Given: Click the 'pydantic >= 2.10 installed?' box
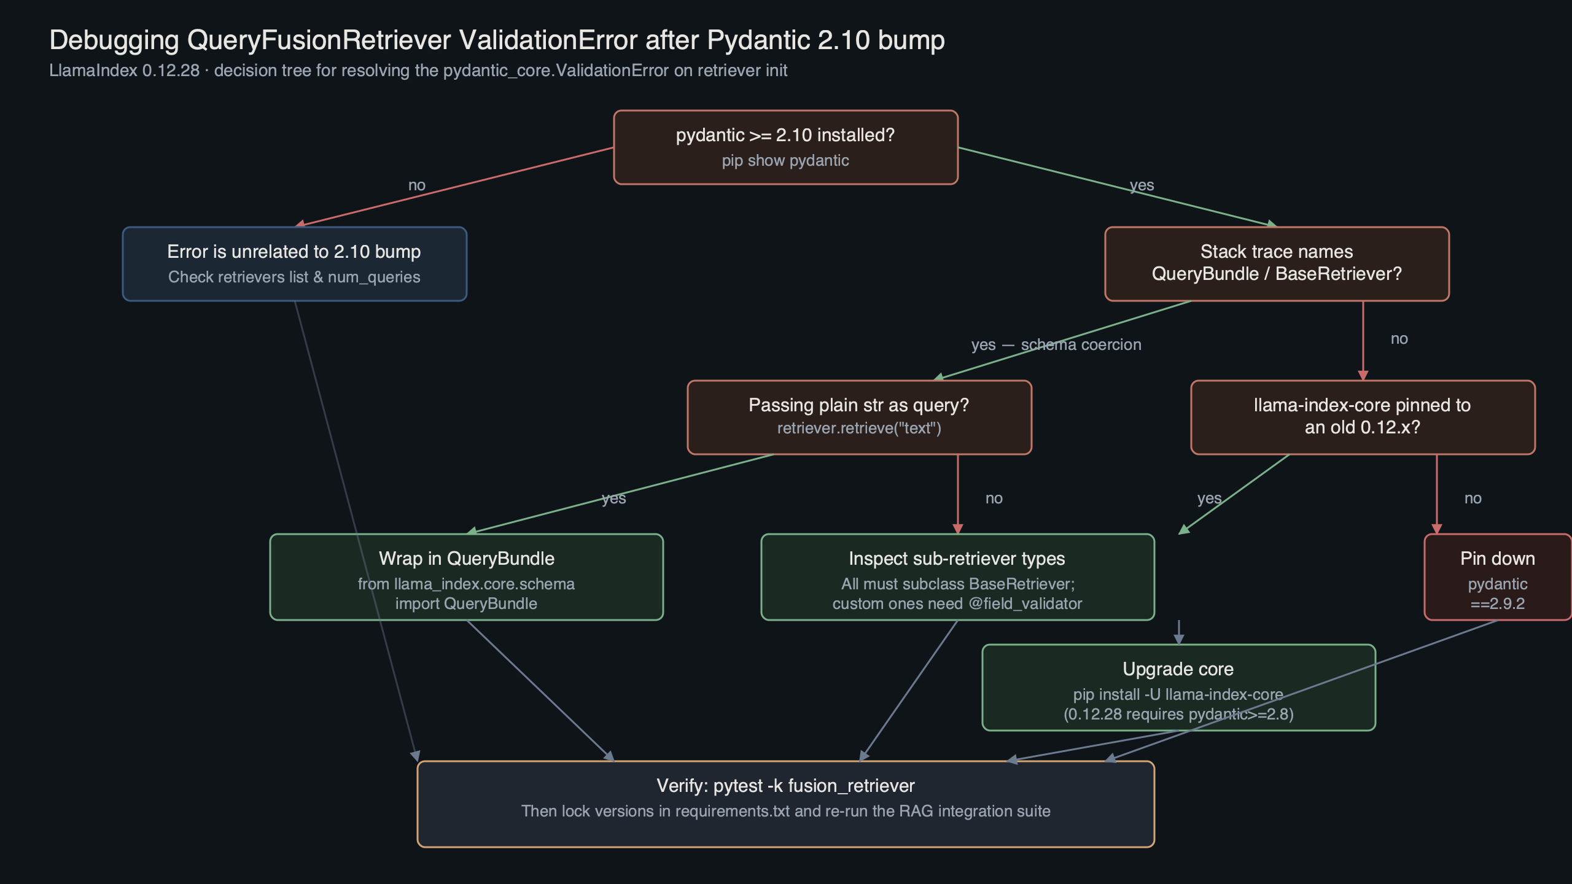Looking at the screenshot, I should tap(785, 147).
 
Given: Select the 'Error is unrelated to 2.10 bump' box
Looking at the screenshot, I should tap(294, 264).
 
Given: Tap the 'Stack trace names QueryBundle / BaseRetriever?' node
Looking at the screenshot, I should tap(1277, 264).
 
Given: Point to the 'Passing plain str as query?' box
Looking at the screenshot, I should tap(859, 417).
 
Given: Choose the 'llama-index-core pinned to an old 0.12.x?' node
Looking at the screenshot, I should tap(1363, 417).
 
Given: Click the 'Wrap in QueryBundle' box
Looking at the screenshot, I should tap(466, 577).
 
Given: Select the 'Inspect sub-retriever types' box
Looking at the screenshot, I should tap(957, 577).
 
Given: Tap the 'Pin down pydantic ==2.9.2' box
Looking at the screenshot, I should tap(1497, 577).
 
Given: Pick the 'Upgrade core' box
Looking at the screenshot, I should tap(1178, 688).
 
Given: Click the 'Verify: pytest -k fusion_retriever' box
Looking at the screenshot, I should tap(785, 804).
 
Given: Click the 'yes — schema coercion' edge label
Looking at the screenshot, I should tap(1056, 345).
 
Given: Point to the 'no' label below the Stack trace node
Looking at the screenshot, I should tap(1399, 339).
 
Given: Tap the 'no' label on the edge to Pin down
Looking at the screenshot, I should tap(1473, 498).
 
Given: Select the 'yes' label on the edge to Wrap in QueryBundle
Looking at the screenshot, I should tap(613, 498).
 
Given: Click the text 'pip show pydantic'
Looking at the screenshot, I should tap(785, 161).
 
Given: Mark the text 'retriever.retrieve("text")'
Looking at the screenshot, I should tap(859, 428).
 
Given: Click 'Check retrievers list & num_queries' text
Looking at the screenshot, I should tap(294, 277).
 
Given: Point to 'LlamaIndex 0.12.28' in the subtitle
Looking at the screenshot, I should tap(124, 71).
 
